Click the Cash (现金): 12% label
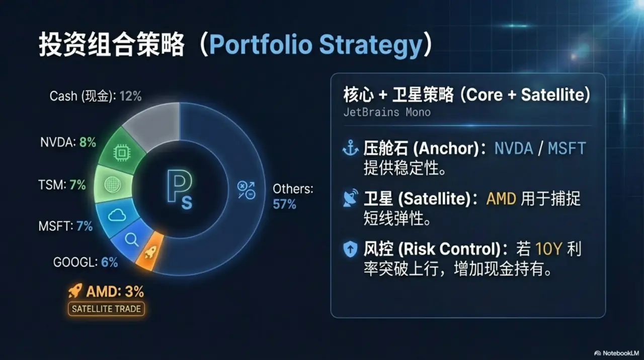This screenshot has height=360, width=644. pos(95,96)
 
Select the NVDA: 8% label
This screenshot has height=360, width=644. pos(68,142)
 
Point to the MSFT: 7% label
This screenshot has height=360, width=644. pos(65,226)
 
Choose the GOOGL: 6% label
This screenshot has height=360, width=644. pos(86,262)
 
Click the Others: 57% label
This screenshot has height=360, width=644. pos(293,196)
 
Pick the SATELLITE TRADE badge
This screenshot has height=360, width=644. pos(106,309)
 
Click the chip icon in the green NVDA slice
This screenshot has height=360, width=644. pos(121,152)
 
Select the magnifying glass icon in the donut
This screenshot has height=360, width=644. pos(132,240)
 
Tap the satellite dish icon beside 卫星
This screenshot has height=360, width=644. pos(350,198)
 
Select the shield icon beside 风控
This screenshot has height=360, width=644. pos(350,249)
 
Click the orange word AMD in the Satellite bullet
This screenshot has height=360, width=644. pos(501,198)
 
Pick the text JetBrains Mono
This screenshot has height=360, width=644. pos(387,112)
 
